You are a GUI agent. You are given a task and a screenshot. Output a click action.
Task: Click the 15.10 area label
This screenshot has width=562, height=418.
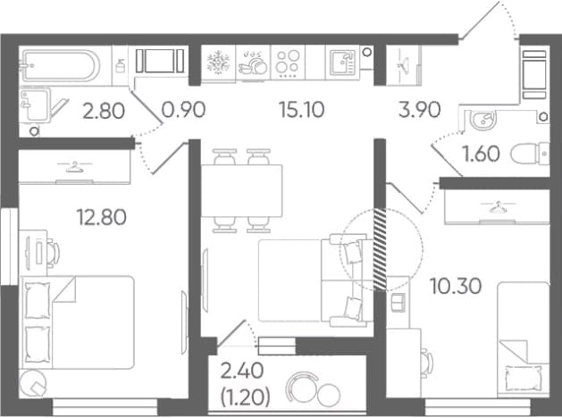301,110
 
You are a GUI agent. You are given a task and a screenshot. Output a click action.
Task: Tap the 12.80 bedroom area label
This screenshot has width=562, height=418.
102,217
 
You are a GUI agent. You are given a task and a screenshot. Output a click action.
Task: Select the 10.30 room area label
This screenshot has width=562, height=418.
455,286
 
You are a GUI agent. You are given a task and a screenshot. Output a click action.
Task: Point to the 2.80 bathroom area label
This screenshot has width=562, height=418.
104,111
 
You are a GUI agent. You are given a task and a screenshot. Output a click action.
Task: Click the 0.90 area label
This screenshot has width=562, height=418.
183,110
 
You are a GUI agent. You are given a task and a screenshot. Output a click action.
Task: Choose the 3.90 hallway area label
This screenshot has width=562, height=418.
419,110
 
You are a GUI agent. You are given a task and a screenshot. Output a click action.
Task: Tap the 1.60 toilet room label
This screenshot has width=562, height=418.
481,154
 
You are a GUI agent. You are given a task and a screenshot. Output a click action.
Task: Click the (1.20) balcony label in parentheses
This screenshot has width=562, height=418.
245,397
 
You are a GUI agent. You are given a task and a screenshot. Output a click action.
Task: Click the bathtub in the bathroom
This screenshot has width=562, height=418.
61,66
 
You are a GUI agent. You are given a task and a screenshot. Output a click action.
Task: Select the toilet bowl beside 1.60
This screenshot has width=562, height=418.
530,154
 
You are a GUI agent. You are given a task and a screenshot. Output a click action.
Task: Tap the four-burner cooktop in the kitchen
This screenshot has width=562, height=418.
288,63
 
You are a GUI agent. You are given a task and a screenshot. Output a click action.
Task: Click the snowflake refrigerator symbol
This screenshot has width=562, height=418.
217,62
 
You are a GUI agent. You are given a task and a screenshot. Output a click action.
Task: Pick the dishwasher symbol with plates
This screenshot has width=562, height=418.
253,63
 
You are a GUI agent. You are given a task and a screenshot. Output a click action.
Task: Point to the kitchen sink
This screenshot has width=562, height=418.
342,63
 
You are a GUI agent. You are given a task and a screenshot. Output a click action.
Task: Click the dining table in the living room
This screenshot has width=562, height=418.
242,190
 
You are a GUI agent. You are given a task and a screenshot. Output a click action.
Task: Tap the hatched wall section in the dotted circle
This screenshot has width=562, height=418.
380,249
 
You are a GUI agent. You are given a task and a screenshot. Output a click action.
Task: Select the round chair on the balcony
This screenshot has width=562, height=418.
302,389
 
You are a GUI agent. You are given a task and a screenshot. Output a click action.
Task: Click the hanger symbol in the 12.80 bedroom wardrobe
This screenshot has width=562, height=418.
74,167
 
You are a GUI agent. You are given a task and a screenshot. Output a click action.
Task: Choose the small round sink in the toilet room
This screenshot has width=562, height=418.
482,120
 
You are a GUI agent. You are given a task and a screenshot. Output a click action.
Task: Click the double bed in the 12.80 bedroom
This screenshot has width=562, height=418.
78,322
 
